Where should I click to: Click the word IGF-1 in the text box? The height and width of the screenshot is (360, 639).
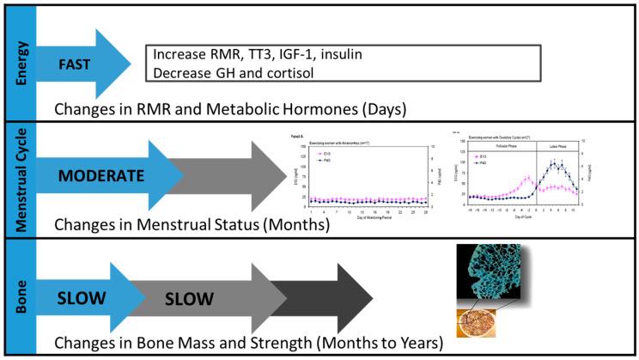point(305,53)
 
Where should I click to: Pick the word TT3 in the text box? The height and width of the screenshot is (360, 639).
point(255,53)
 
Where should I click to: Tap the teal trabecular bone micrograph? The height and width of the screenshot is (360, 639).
point(496,274)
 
